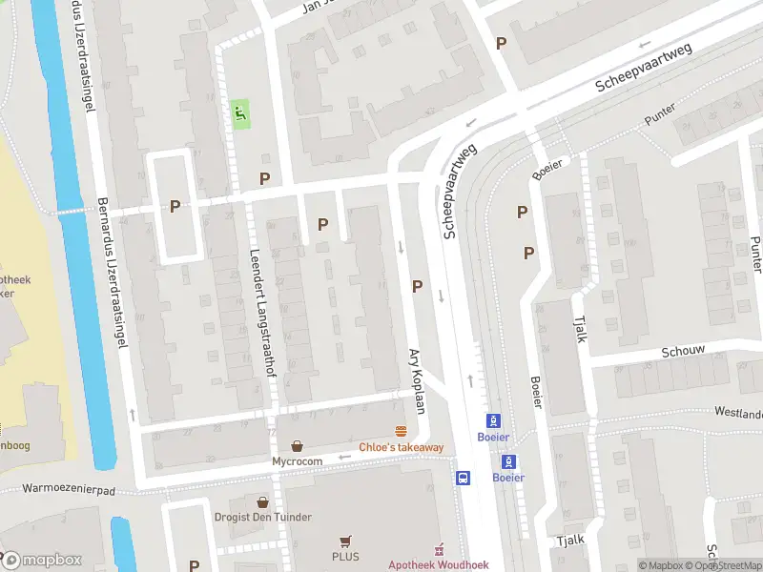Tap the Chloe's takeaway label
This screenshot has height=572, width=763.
pyautogui.click(x=401, y=447)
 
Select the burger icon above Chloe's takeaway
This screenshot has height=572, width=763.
pyautogui.click(x=402, y=431)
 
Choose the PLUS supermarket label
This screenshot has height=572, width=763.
pyautogui.click(x=345, y=557)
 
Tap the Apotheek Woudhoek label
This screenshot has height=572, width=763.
pyautogui.click(x=439, y=564)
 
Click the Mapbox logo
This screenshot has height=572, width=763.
pyautogui.click(x=42, y=560)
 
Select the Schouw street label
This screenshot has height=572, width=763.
pyautogui.click(x=683, y=351)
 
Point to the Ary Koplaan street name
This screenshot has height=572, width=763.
pyautogui.click(x=417, y=378)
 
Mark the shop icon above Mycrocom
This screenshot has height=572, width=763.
pyautogui.click(x=298, y=445)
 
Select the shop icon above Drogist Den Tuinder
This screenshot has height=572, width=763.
pyautogui.click(x=262, y=500)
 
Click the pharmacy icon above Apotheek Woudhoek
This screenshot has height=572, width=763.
pyautogui.click(x=439, y=549)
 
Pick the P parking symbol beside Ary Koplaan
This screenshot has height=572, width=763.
pyautogui.click(x=417, y=286)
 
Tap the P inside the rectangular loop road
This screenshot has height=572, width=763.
pyautogui.click(x=175, y=205)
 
